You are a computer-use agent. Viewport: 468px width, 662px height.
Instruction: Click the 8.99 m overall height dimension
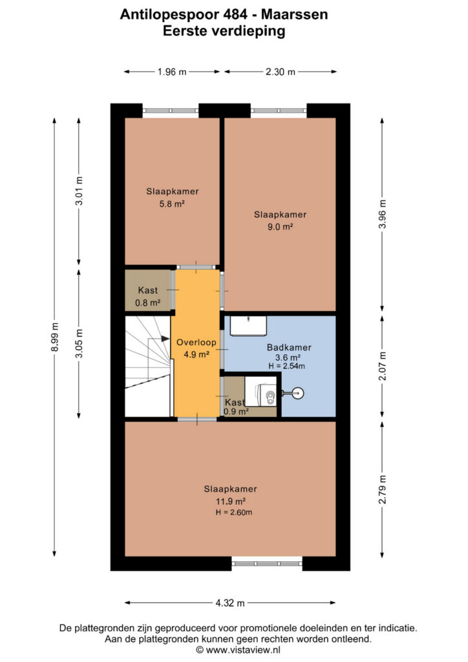point(54,336)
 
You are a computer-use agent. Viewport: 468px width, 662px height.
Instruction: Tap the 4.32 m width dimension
point(230,603)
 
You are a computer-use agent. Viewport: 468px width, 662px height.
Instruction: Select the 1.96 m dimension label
point(172,72)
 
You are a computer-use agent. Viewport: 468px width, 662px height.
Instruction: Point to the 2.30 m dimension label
point(281,72)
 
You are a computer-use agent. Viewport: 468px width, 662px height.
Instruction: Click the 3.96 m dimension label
point(382,213)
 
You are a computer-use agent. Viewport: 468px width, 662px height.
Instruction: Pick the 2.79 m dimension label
point(382,489)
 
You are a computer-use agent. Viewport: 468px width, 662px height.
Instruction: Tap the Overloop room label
point(197,343)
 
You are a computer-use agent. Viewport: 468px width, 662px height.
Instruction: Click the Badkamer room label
point(289,347)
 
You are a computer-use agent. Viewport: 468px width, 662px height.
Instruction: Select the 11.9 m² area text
point(231,501)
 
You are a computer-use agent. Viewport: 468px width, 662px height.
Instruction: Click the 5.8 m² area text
point(172,204)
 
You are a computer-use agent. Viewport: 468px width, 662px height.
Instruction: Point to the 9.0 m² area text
point(280,227)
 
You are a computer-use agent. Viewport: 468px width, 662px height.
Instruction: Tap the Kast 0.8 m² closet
point(148,290)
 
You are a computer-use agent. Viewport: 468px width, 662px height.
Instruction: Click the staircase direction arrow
point(165,339)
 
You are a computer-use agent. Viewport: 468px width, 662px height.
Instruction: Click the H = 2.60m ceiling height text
point(234,513)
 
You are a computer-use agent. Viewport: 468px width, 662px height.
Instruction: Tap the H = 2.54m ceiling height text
point(286,366)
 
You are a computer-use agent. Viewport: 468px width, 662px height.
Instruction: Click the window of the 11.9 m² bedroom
point(267,563)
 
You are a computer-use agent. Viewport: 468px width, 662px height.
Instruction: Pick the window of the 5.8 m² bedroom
point(171,111)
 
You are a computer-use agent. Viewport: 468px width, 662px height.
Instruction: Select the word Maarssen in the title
point(295,14)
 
